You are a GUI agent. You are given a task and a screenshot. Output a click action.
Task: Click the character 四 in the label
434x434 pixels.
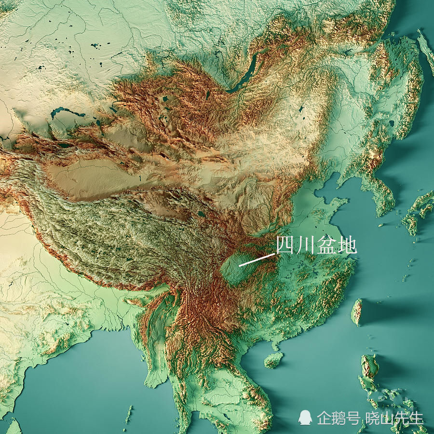click(285, 246)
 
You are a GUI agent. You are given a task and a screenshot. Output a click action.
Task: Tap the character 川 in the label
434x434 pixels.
click(305, 246)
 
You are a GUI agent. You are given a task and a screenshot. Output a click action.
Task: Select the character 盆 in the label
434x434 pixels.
click(326, 246)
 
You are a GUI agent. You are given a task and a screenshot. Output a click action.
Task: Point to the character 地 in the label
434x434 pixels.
click(346, 246)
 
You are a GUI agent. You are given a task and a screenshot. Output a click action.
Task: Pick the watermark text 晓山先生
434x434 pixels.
click(394, 417)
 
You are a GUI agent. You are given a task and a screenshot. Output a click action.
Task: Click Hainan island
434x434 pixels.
click(273, 359)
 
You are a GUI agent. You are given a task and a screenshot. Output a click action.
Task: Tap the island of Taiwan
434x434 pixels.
click(357, 312)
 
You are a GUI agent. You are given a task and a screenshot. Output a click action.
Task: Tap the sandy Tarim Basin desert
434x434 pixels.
click(92, 178)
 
